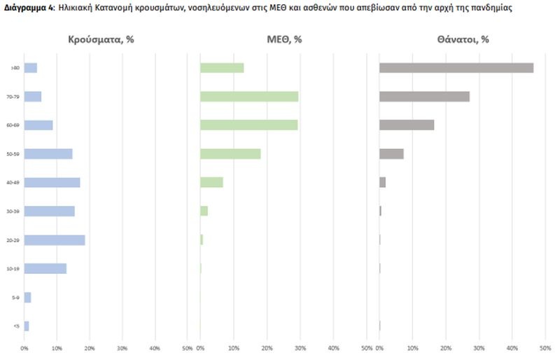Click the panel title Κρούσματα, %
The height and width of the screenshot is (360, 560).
point(101,40)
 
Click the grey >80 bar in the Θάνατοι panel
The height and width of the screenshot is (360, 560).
point(456,68)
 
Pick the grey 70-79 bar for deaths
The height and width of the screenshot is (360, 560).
point(424,97)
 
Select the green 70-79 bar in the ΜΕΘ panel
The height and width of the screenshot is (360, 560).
point(249,97)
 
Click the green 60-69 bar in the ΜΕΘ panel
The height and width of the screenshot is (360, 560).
point(248,125)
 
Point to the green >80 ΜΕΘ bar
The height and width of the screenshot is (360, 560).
point(222,68)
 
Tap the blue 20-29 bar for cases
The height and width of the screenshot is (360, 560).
point(55,240)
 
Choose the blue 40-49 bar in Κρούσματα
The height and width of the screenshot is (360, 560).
point(52,183)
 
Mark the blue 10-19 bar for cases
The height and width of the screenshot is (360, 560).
point(45,268)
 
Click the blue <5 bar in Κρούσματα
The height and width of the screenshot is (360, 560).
point(27,326)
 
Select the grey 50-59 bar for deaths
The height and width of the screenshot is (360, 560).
point(391,154)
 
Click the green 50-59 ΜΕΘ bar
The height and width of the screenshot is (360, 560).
point(230,154)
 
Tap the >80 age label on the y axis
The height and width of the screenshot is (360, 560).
point(12,68)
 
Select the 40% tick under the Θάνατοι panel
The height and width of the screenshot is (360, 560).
point(512,348)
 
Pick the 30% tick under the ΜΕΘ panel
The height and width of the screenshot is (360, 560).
point(300,348)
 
